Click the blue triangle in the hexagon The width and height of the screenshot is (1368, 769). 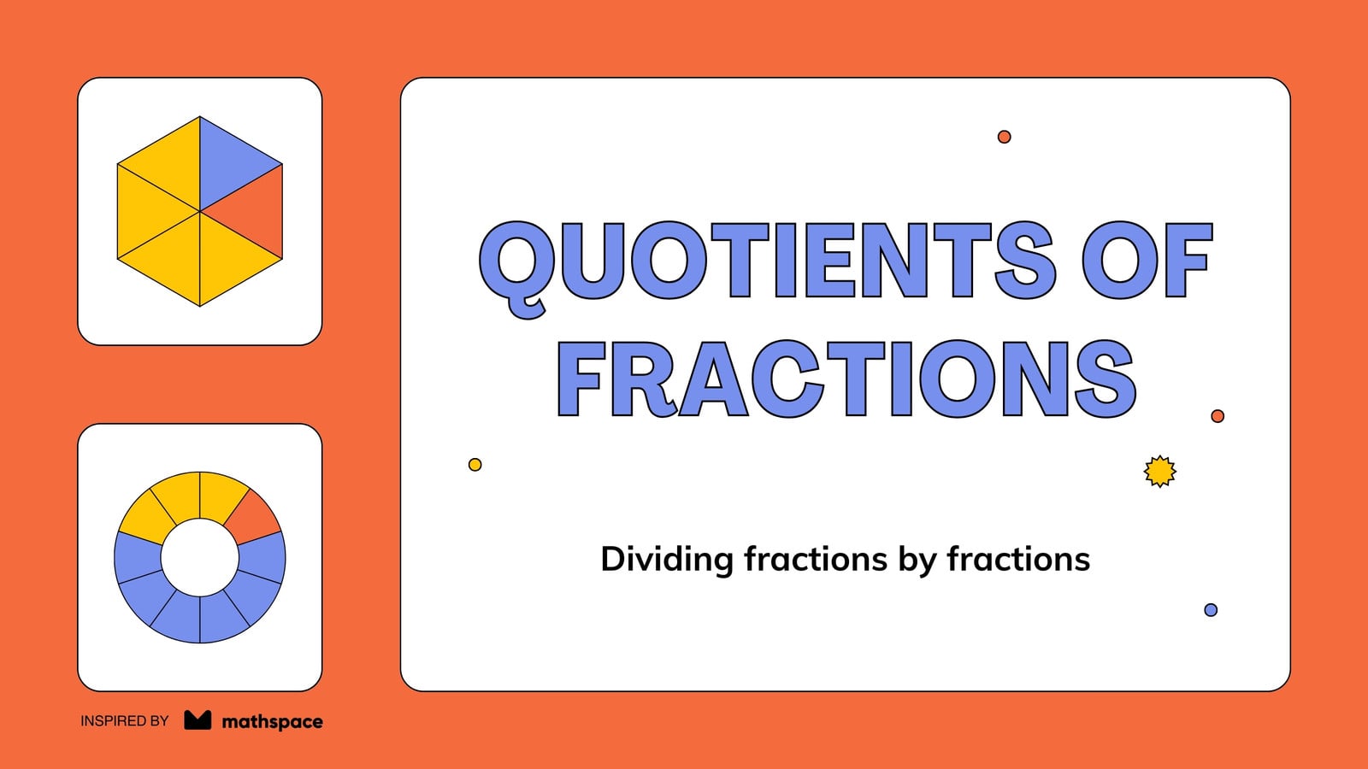click(227, 163)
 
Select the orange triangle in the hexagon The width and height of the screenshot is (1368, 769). click(255, 211)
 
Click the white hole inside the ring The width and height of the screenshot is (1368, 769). click(200, 557)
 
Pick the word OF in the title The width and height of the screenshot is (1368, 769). click(1147, 261)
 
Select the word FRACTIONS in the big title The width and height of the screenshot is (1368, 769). click(846, 379)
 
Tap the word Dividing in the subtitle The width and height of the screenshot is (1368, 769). click(667, 559)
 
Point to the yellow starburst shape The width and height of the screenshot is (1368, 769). click(1159, 471)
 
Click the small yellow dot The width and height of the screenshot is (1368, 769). click(475, 465)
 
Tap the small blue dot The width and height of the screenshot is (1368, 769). click(1211, 610)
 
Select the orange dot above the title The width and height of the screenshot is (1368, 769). click(1004, 137)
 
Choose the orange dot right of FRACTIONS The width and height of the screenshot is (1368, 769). click(1218, 415)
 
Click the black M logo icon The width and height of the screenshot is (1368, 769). click(198, 720)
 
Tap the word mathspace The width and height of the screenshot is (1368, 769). click(273, 722)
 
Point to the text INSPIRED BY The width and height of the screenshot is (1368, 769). click(125, 721)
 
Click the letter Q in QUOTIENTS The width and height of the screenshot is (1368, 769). click(517, 268)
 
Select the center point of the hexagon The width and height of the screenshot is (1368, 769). click(200, 212)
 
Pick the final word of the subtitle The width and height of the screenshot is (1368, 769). click(1018, 559)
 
